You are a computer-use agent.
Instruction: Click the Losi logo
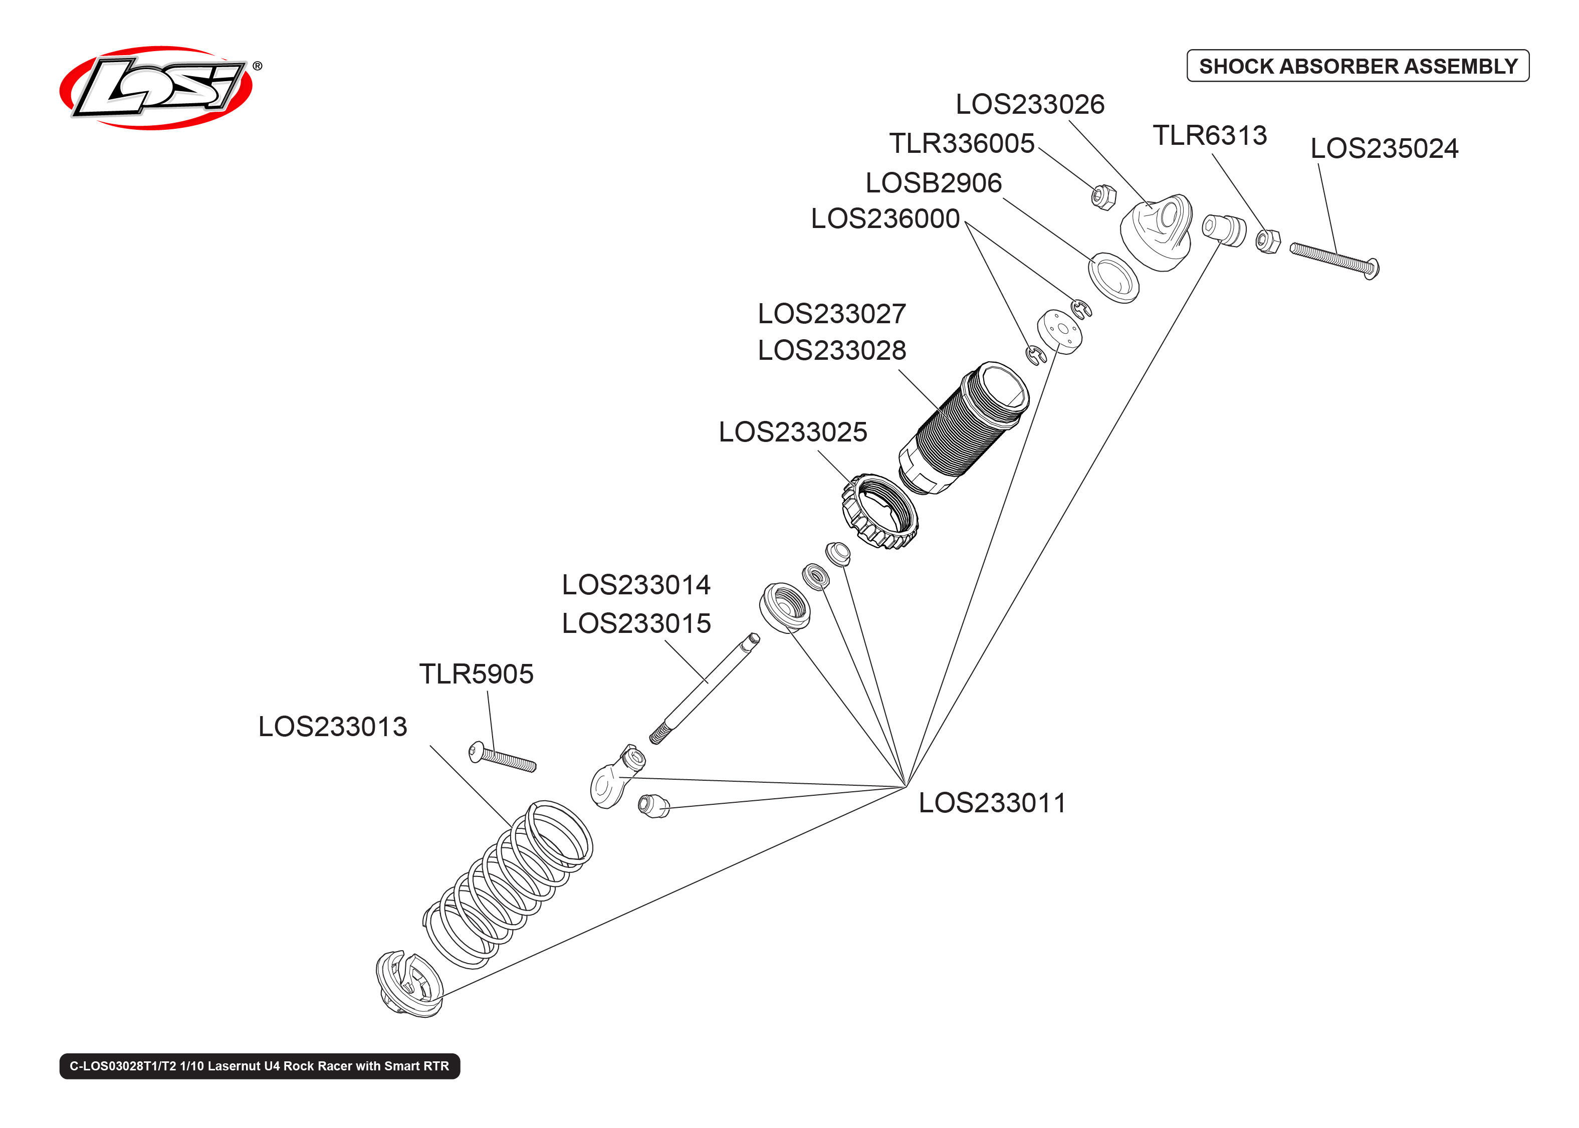coord(156,88)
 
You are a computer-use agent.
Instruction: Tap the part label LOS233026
coord(1029,104)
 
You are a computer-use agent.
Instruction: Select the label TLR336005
coord(962,143)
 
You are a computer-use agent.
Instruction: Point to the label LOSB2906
coord(933,183)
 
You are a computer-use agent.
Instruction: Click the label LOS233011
coord(992,803)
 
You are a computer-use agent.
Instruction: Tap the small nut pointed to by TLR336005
coord(1102,197)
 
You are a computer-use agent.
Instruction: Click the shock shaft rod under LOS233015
coord(705,688)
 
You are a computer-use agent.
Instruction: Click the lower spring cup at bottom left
coord(410,984)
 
